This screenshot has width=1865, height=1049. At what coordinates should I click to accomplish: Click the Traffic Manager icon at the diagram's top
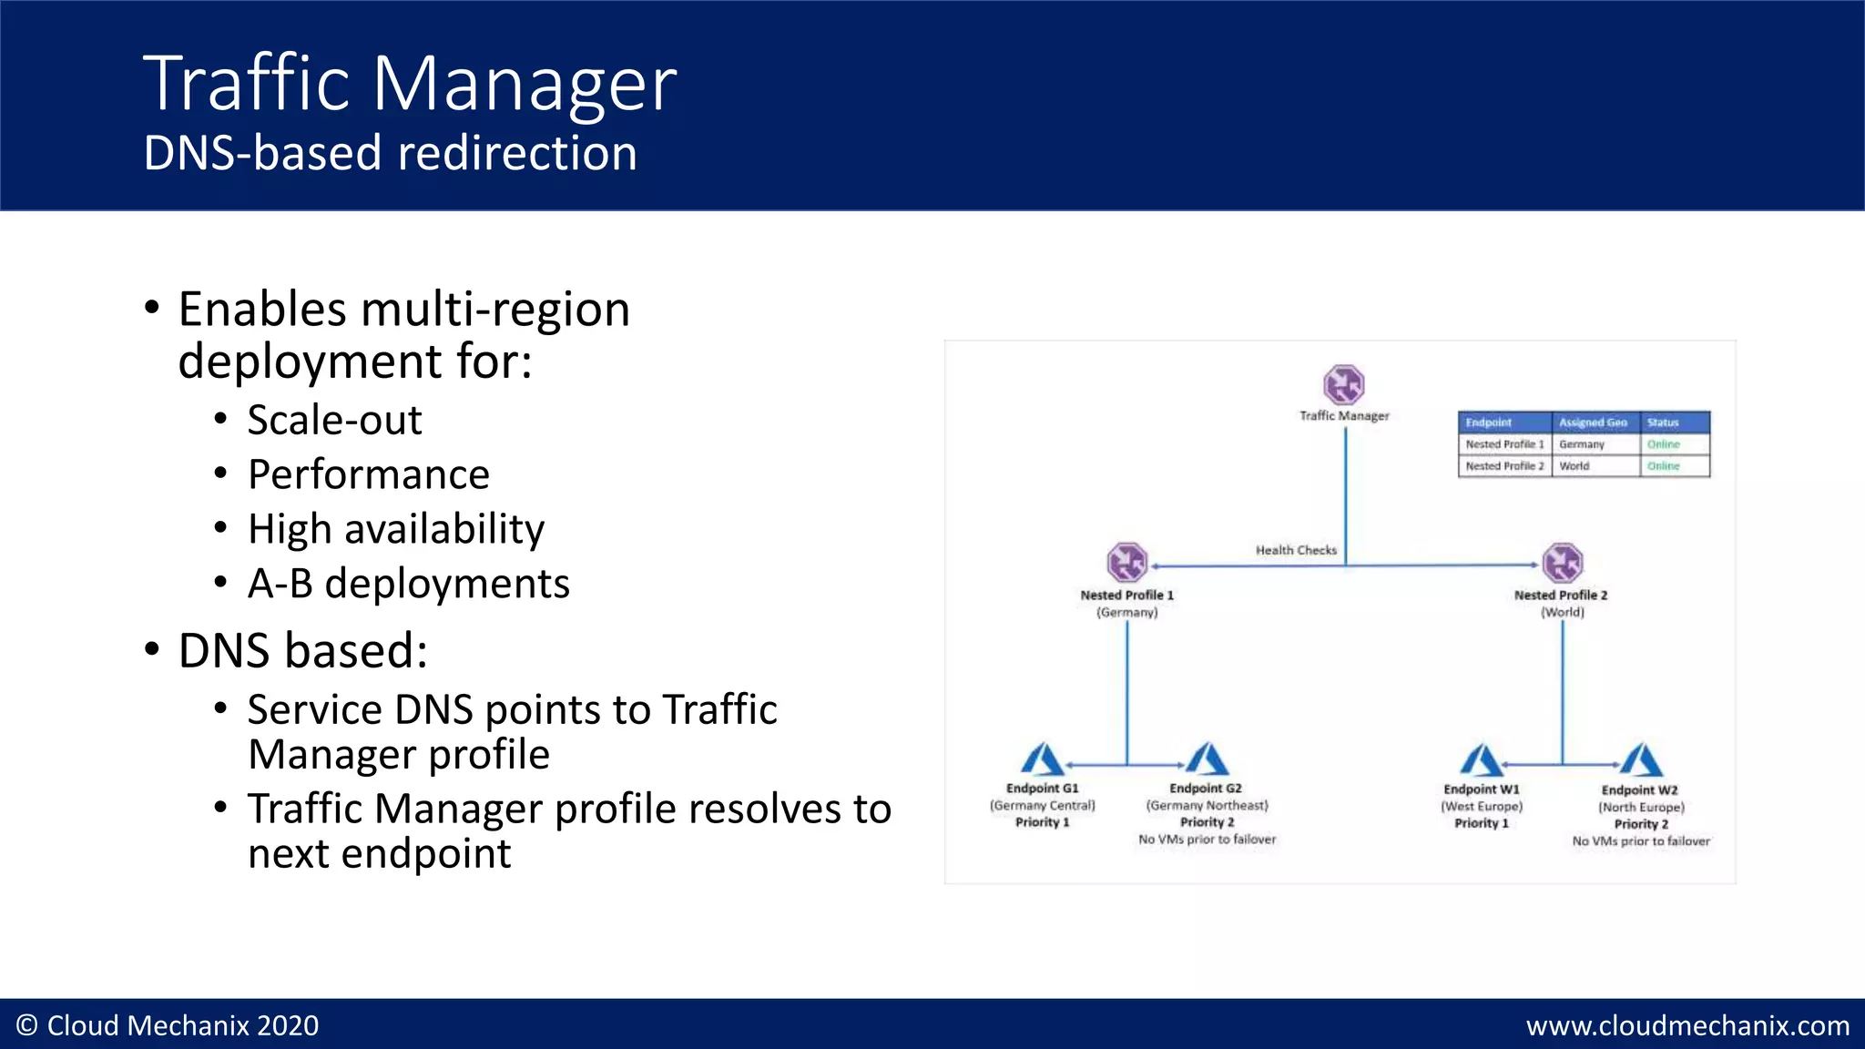(x=1344, y=384)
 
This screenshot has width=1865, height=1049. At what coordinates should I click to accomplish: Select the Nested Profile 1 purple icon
(x=1126, y=563)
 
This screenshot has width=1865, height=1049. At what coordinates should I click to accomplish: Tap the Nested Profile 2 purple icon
(x=1563, y=563)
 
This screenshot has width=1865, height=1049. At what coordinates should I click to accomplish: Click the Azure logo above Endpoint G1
(x=1042, y=759)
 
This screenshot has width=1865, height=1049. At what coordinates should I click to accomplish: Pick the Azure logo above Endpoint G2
(x=1207, y=759)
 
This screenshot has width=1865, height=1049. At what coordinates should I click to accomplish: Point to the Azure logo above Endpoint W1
(x=1482, y=760)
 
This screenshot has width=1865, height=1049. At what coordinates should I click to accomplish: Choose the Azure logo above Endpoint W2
(x=1641, y=760)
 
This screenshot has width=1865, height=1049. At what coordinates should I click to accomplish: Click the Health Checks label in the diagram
(x=1296, y=550)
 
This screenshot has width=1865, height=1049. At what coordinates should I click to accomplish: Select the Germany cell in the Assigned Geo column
(x=1582, y=444)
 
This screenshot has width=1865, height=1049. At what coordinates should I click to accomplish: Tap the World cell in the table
(x=1575, y=466)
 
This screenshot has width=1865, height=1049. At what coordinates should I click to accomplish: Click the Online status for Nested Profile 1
(x=1663, y=444)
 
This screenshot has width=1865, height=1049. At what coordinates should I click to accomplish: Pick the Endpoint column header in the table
(x=1489, y=423)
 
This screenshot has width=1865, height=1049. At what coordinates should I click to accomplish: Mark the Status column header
(x=1663, y=423)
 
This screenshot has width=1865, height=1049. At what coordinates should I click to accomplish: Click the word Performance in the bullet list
(x=369, y=474)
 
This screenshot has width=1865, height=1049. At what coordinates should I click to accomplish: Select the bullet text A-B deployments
(x=408, y=584)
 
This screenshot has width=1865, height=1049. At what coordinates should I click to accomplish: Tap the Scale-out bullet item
(x=334, y=420)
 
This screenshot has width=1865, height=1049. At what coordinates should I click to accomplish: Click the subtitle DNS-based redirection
(x=390, y=153)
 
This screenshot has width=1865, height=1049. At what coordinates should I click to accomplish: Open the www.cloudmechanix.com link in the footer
(x=1687, y=1026)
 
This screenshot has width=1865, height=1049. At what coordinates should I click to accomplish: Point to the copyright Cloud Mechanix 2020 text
(x=168, y=1026)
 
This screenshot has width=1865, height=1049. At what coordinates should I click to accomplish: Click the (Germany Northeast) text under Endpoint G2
(x=1207, y=806)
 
